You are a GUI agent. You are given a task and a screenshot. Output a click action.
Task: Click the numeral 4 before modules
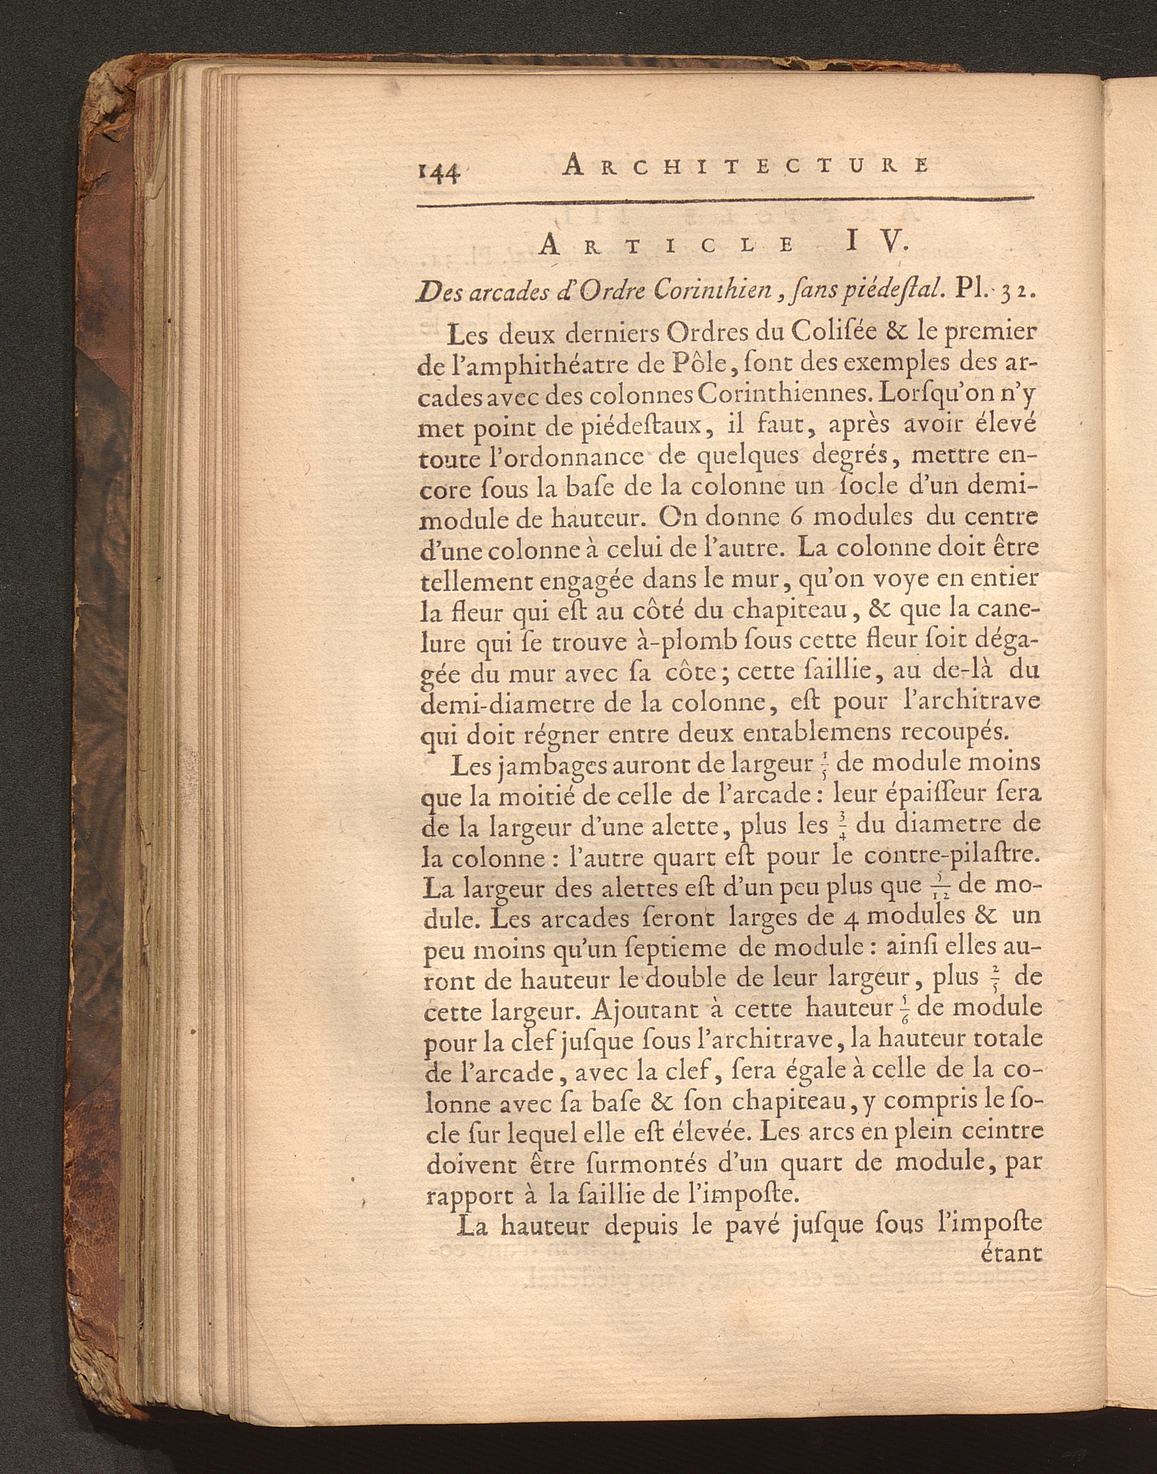tap(855, 916)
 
